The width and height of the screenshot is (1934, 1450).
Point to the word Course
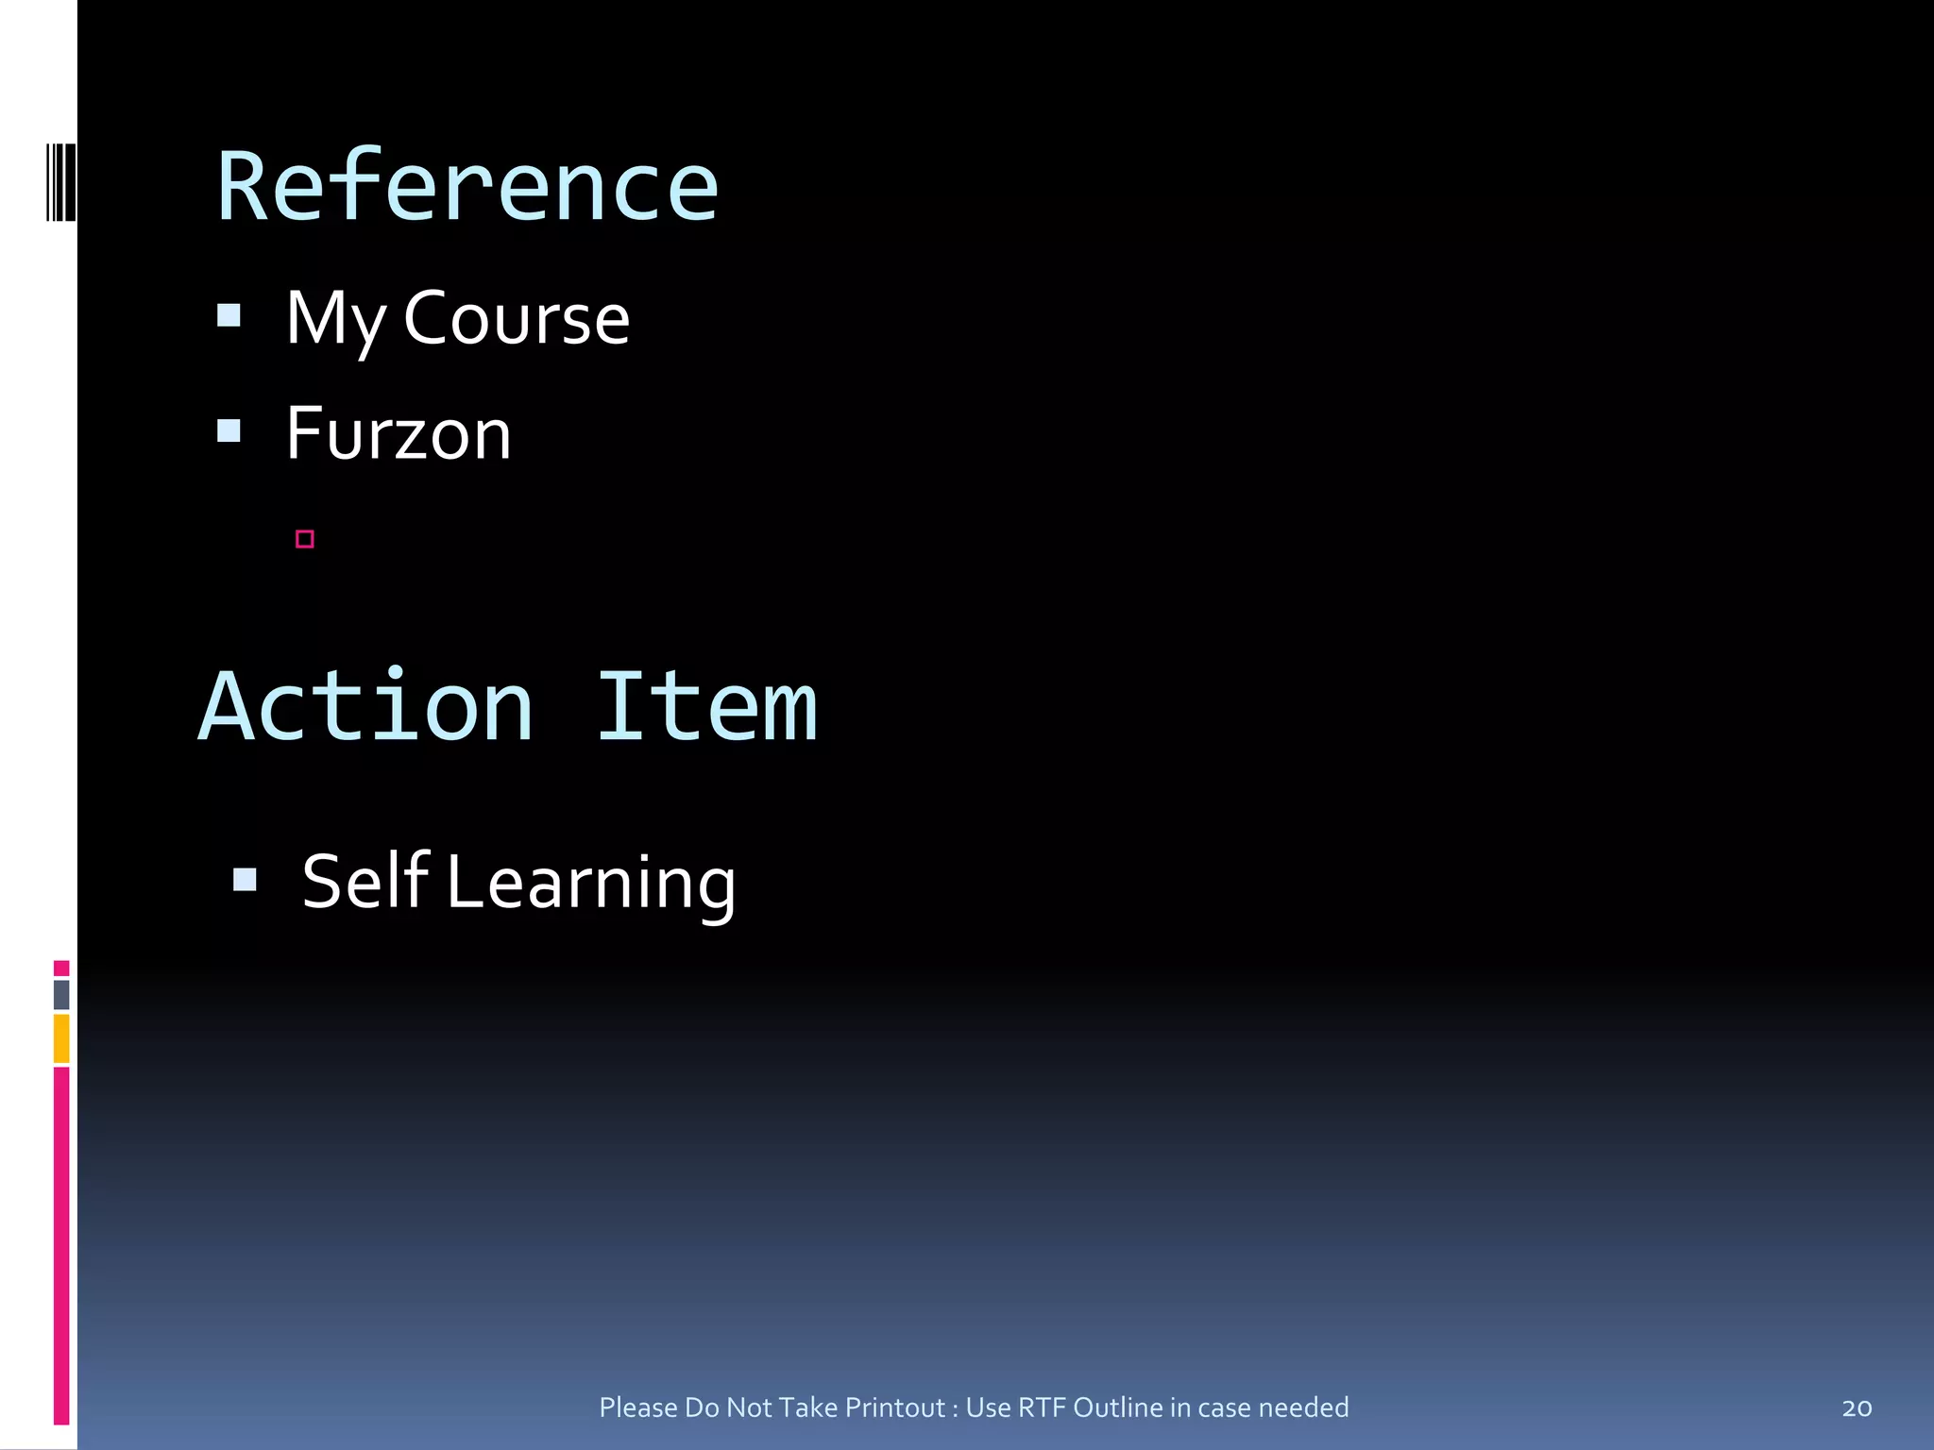[517, 319]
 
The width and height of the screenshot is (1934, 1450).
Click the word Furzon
[399, 434]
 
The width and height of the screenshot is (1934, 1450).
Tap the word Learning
[591, 884]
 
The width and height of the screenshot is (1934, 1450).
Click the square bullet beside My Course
[229, 314]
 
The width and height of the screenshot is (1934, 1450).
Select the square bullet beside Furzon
[229, 431]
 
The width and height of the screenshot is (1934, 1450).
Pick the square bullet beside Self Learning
[245, 880]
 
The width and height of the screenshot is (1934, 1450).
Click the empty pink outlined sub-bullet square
[304, 539]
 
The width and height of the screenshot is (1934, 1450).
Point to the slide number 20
[1857, 1408]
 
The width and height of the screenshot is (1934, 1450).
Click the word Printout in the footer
[895, 1408]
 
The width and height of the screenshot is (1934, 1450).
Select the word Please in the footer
[638, 1408]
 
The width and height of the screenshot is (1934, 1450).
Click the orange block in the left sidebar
[61, 1038]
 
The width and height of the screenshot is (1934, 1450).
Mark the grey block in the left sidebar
[61, 994]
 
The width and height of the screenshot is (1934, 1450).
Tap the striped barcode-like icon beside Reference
[61, 182]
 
